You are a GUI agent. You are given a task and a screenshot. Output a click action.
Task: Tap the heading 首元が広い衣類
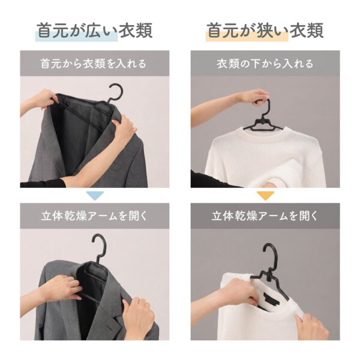point(95,31)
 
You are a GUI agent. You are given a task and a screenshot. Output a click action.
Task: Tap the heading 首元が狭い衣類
point(265,31)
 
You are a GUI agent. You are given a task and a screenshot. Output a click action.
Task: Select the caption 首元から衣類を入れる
point(94,64)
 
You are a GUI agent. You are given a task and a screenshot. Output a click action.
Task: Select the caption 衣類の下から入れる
point(265,64)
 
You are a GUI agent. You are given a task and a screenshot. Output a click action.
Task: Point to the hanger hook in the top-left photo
point(115,92)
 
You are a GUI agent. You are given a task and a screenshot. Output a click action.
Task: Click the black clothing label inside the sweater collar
point(271,298)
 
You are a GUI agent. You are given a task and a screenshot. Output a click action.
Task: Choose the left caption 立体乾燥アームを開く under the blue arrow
point(94,216)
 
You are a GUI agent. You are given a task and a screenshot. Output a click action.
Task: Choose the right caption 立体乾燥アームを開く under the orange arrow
point(265,216)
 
